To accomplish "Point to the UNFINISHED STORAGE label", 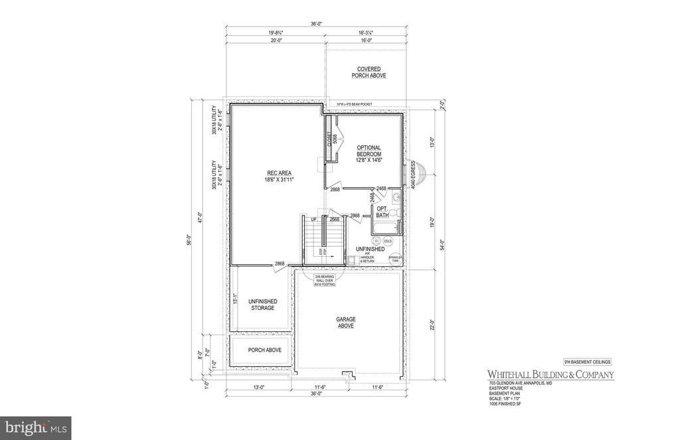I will tap(262, 304).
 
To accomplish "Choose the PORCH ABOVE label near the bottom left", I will tap(265, 350).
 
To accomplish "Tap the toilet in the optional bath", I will tap(391, 212).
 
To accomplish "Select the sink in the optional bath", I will tap(396, 197).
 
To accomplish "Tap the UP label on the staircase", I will tap(312, 220).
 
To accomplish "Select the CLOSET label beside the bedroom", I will tap(328, 139).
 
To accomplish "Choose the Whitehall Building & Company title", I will tap(551, 375).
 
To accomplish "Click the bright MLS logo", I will tap(36, 425).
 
